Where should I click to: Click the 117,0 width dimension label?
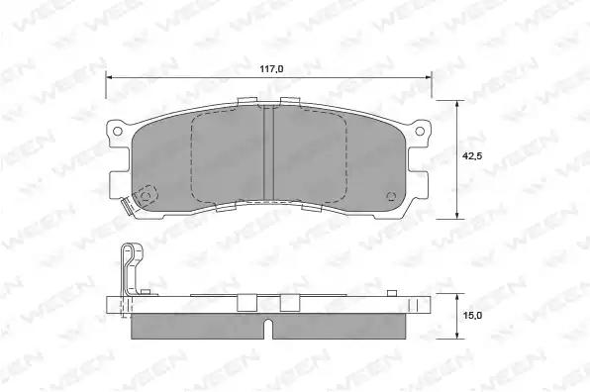(x=271, y=69)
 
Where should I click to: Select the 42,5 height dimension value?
(x=472, y=155)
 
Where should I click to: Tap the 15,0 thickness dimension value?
(x=472, y=315)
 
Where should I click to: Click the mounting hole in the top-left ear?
(x=118, y=131)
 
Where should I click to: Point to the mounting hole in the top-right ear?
(x=420, y=131)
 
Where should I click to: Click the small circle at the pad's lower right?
(x=392, y=196)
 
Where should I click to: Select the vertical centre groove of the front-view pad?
(x=268, y=152)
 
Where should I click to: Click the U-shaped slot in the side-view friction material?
(x=268, y=329)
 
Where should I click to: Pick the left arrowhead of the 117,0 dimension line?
(x=110, y=77)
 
